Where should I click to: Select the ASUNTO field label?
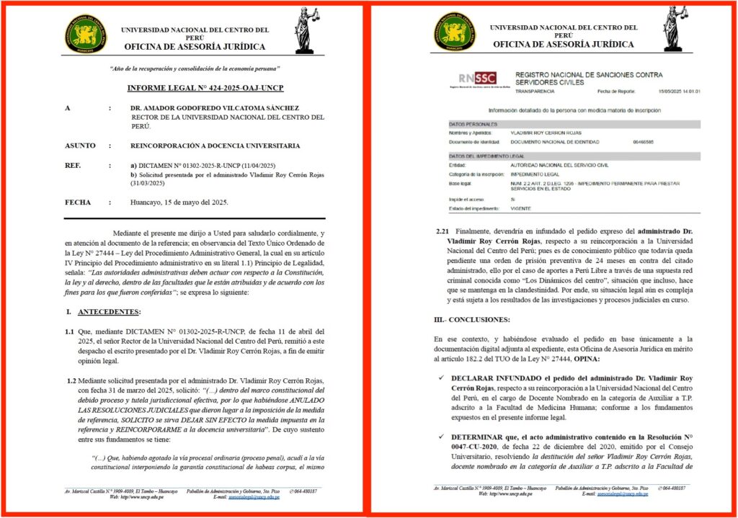pyautogui.click(x=80, y=146)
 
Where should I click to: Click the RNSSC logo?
pyautogui.click(x=477, y=79)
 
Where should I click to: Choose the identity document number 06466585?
pyautogui.click(x=644, y=143)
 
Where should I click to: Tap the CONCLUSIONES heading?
pyautogui.click(x=476, y=319)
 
